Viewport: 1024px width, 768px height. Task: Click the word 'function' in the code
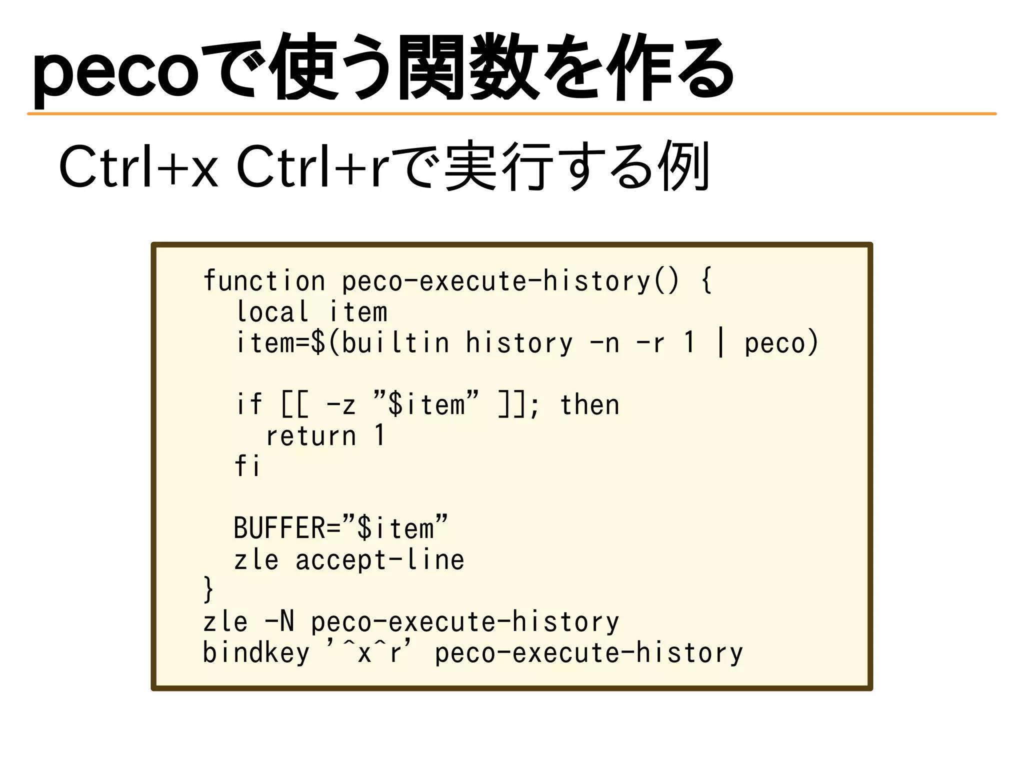[264, 281]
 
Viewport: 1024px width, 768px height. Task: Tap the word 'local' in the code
[272, 312]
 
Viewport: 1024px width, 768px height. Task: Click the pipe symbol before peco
[720, 343]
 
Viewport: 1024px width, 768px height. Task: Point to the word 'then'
[589, 404]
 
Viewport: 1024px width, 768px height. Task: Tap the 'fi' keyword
[247, 466]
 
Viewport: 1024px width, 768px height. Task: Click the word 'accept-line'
[380, 559]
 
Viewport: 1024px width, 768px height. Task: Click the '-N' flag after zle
[279, 622]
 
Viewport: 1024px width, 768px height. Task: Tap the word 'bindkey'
[256, 653]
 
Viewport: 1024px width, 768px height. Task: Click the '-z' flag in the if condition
[341, 404]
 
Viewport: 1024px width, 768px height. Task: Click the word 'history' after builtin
[519, 343]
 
